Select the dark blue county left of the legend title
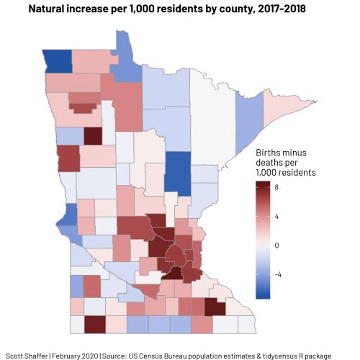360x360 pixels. pyautogui.click(x=177, y=173)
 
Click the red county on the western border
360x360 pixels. pyautogui.click(x=68, y=158)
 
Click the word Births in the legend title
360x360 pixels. pyautogui.click(x=271, y=153)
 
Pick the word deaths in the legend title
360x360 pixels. pyautogui.click(x=272, y=163)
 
